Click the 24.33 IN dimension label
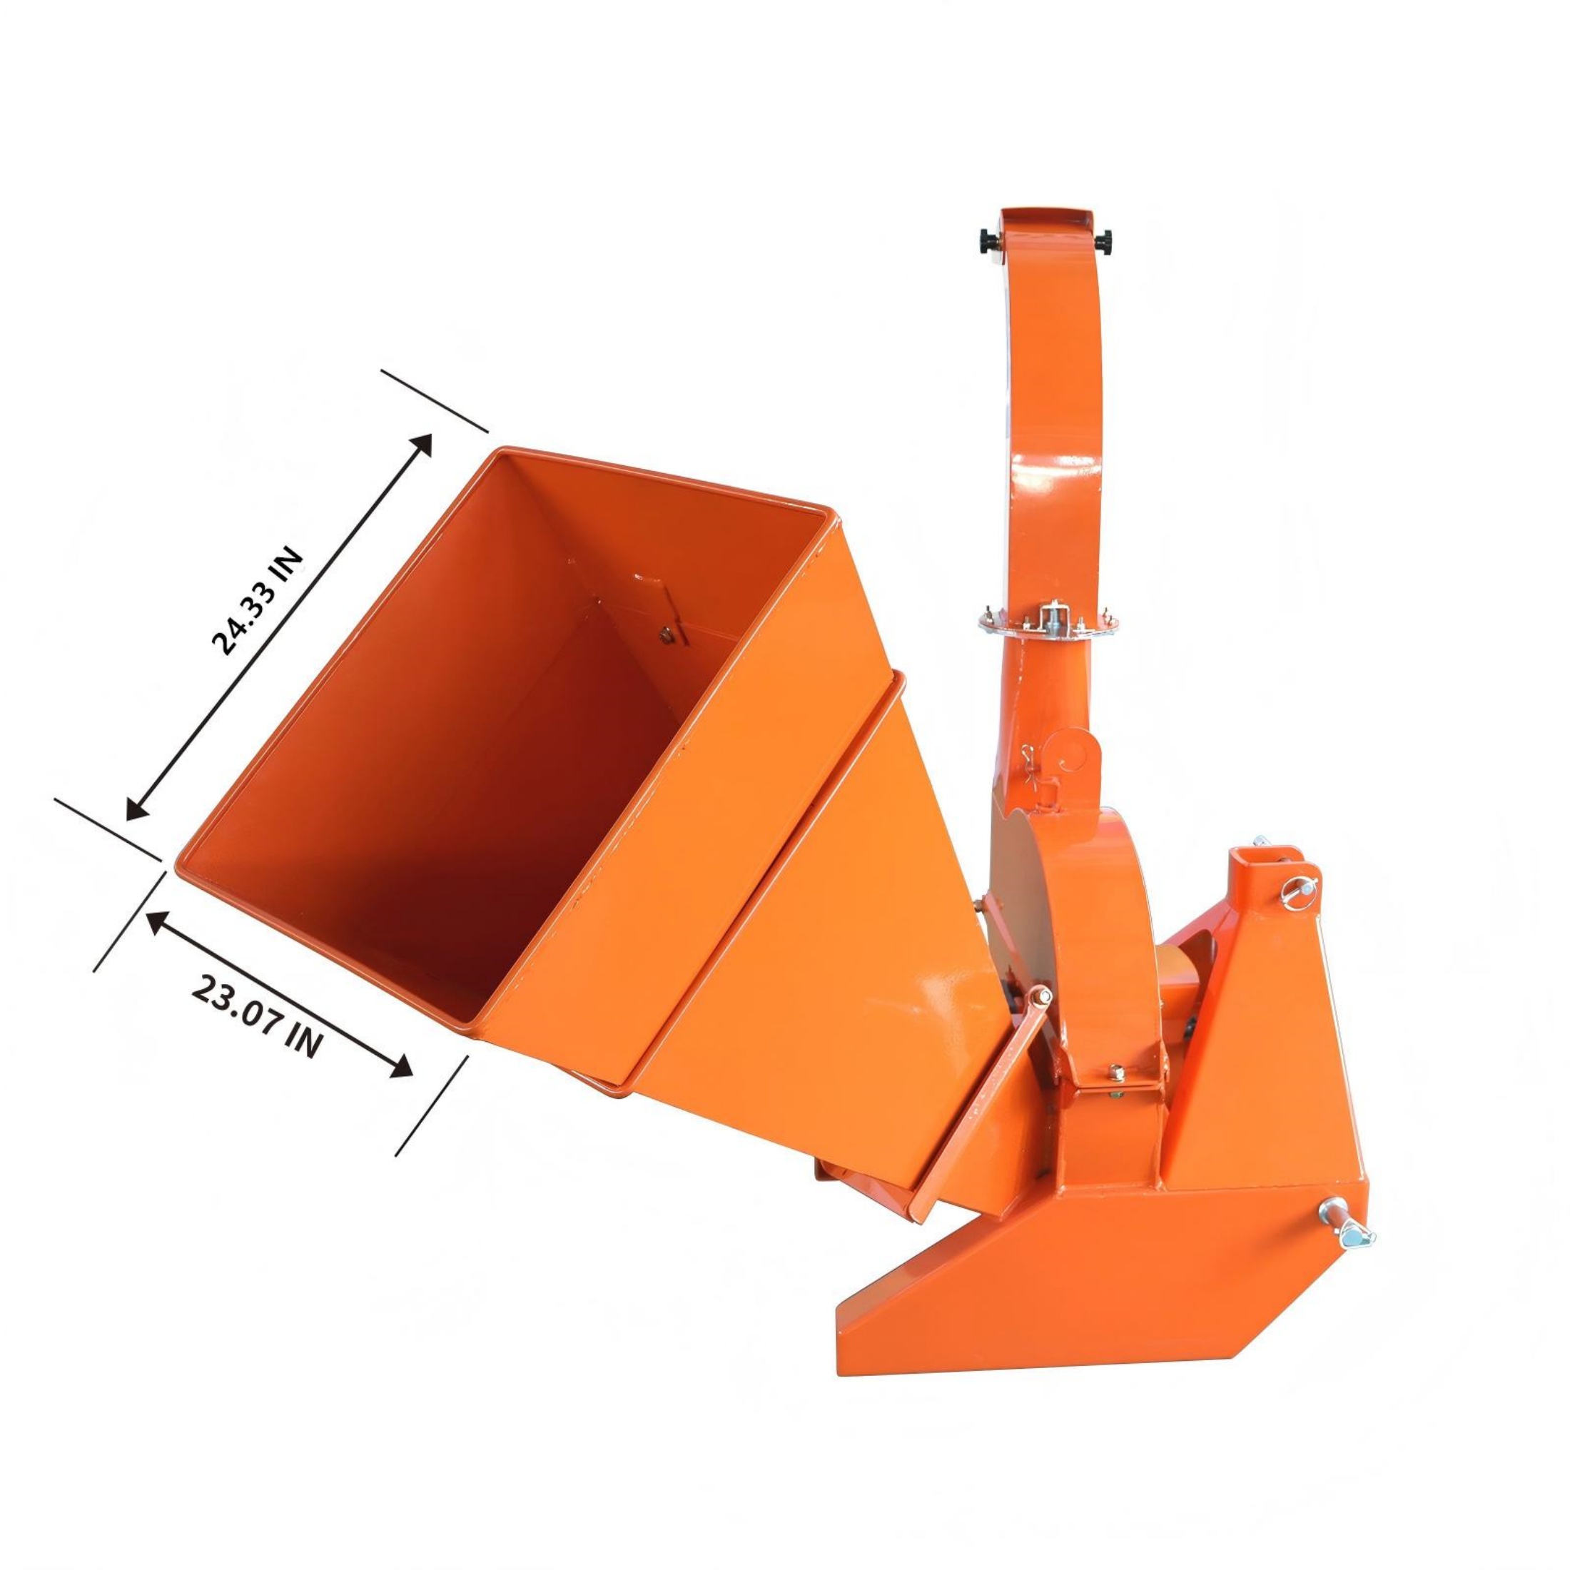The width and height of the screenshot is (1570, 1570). [257, 602]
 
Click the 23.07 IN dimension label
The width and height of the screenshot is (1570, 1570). [256, 1017]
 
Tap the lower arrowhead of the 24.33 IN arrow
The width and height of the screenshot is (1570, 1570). [136, 810]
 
